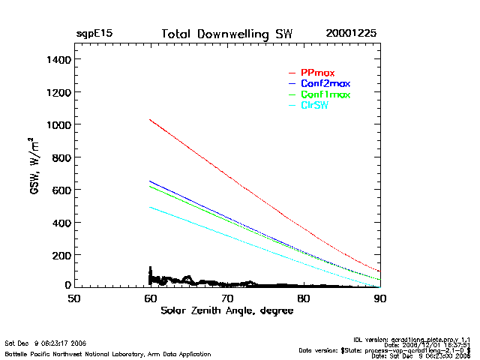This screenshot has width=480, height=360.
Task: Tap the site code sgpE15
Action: pos(94,34)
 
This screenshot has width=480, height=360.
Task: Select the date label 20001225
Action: pos(351,34)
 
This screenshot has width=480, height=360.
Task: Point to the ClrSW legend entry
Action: pos(314,106)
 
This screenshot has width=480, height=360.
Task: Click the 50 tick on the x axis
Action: pos(74,298)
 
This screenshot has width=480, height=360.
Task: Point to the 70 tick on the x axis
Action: pos(227,298)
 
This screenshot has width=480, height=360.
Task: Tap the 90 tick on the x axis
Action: pos(380,298)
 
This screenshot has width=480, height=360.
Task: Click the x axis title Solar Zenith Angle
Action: pos(227,310)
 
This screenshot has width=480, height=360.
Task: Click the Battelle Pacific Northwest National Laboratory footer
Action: pos(107,353)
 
